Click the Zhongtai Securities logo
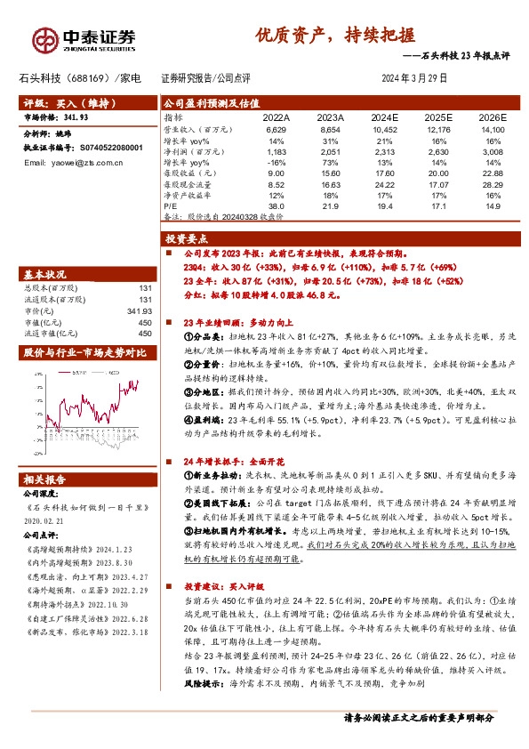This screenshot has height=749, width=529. tap(85, 38)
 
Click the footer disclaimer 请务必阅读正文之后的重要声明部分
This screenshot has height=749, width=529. tap(418, 740)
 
